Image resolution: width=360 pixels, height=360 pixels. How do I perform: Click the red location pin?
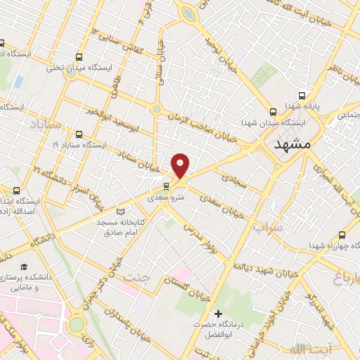coord(181,166)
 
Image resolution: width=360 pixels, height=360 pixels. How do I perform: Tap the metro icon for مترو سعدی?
coord(166,186)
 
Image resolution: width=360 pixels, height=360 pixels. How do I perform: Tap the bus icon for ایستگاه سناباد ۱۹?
coord(78,134)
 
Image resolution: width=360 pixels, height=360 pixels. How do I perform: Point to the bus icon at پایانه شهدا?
coord(302,96)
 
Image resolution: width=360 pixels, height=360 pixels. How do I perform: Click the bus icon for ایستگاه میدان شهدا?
coord(274,111)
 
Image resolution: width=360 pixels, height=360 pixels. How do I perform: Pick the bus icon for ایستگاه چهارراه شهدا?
coord(342,235)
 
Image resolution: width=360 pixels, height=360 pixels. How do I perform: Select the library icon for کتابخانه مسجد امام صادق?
coord(120,211)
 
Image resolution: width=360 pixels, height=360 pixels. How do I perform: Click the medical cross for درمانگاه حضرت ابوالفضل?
coord(219,314)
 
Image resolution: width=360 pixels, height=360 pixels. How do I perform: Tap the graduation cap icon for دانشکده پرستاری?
coord(25,268)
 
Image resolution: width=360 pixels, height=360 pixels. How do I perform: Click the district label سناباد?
coord(46,124)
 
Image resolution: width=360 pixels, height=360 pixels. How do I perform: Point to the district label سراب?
coord(268,228)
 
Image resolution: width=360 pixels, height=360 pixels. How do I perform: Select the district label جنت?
coord(138,276)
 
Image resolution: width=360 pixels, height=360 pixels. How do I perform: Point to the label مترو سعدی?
coord(165,199)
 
